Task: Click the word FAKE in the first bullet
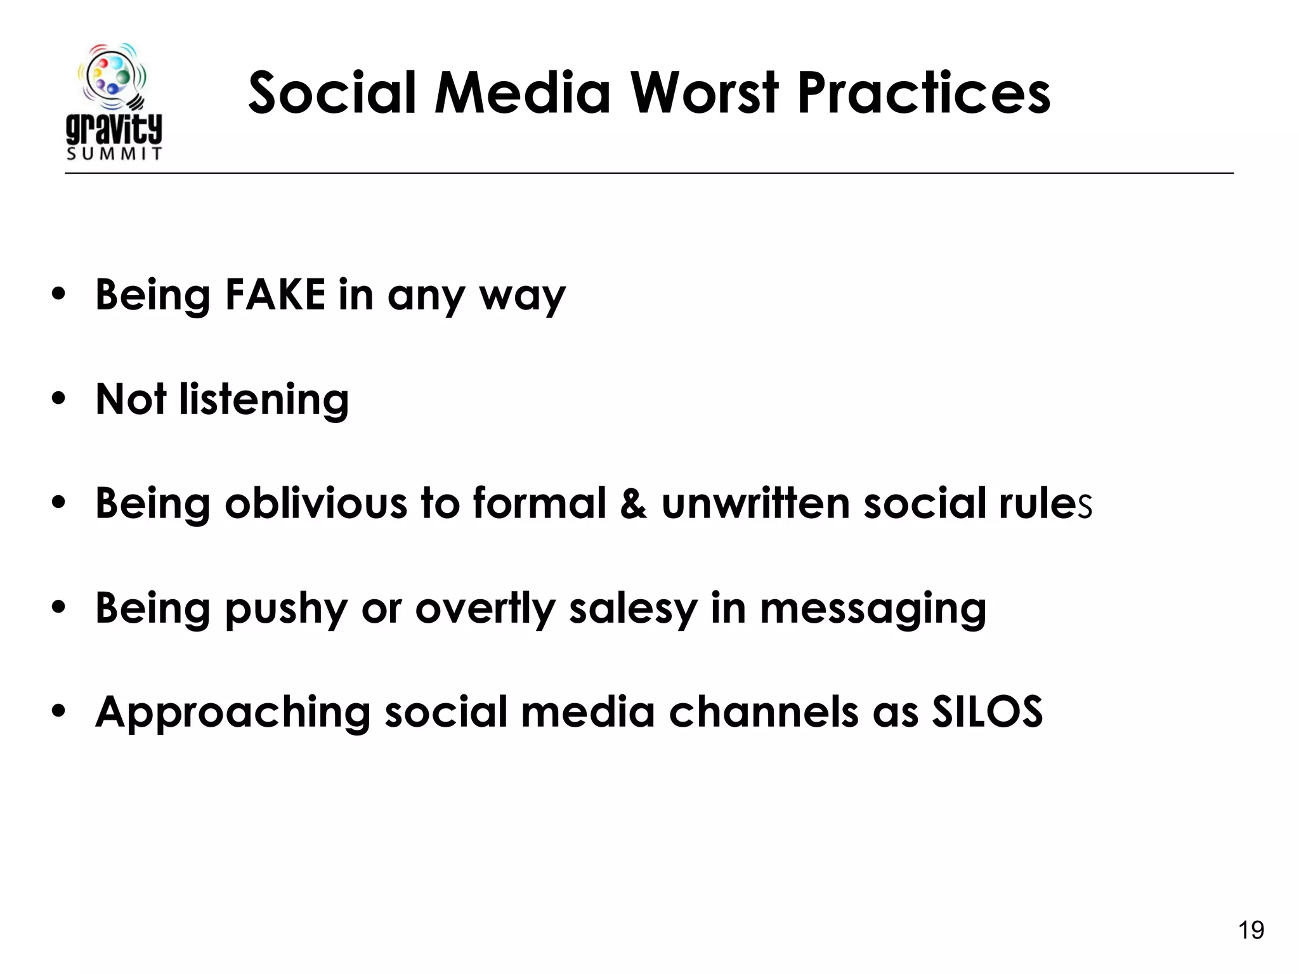pos(275,295)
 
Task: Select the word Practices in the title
pos(924,93)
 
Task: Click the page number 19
pos(1251,930)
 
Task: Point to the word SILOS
pos(987,711)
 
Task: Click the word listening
pos(264,400)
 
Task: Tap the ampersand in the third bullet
pos(634,503)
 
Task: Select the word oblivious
pos(316,503)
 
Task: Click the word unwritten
pos(755,503)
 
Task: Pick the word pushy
pos(286,609)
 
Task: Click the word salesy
pos(633,609)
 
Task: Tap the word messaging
pos(873,609)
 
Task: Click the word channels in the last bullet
pos(764,711)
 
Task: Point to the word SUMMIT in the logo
pos(114,154)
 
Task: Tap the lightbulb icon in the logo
pos(113,75)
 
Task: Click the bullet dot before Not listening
pos(59,399)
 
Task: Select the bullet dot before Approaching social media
pos(59,711)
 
